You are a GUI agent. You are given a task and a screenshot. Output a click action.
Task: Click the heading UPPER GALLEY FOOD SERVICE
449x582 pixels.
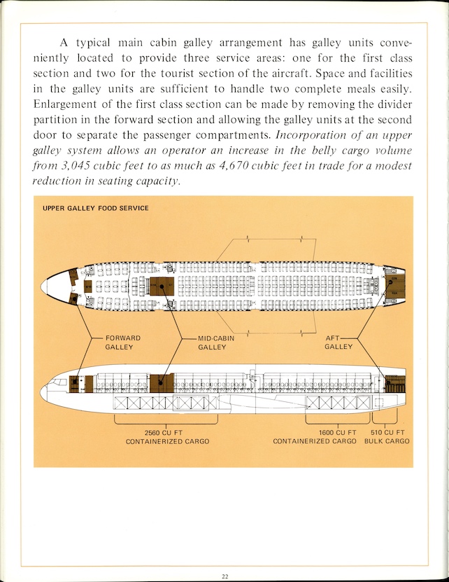pos(95,208)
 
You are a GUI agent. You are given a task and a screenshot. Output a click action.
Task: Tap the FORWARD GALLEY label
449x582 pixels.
pos(122,342)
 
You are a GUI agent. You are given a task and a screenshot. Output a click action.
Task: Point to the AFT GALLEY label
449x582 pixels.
pos(338,342)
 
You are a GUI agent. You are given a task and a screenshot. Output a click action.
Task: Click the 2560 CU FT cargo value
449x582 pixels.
pos(167,433)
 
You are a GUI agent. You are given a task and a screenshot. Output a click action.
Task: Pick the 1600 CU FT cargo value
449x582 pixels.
pos(337,433)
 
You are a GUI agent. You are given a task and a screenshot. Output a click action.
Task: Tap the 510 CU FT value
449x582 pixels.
pos(388,433)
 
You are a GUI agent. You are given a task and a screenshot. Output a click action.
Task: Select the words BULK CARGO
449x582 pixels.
pos(387,442)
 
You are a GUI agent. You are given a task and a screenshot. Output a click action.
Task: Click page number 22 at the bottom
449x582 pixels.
pos(224,576)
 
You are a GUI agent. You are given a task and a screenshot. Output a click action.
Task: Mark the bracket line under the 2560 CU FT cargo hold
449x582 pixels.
pos(166,421)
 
